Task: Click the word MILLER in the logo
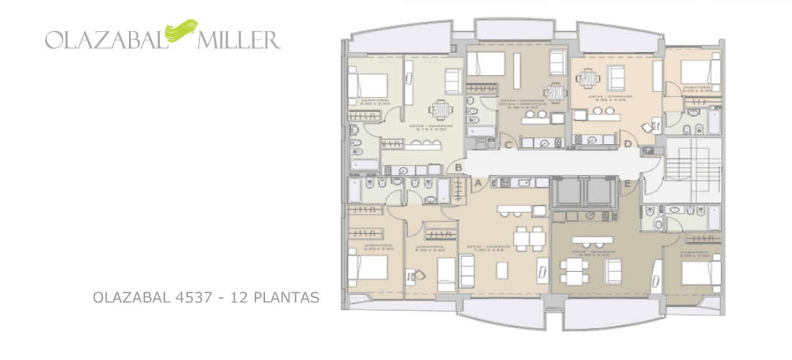click(x=238, y=39)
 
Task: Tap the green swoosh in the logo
click(x=179, y=31)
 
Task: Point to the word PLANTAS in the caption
click(x=289, y=297)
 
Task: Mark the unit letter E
click(x=627, y=184)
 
